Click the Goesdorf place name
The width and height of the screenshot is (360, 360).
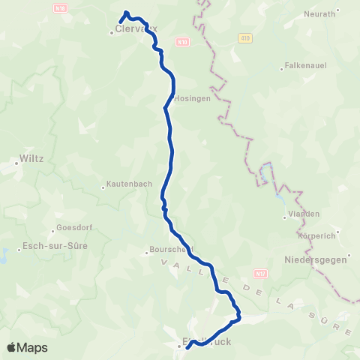pyautogui.click(x=74, y=228)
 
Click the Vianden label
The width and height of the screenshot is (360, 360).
pyautogui.click(x=304, y=214)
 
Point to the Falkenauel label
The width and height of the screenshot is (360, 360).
pyautogui.click(x=306, y=67)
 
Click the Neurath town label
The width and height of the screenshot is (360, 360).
pyautogui.click(x=320, y=14)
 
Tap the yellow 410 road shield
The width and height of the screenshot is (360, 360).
pyautogui.click(x=244, y=37)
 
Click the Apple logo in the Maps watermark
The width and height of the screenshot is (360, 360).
pyautogui.click(x=12, y=347)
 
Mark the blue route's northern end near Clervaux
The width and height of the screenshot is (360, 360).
pyautogui.click(x=121, y=20)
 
